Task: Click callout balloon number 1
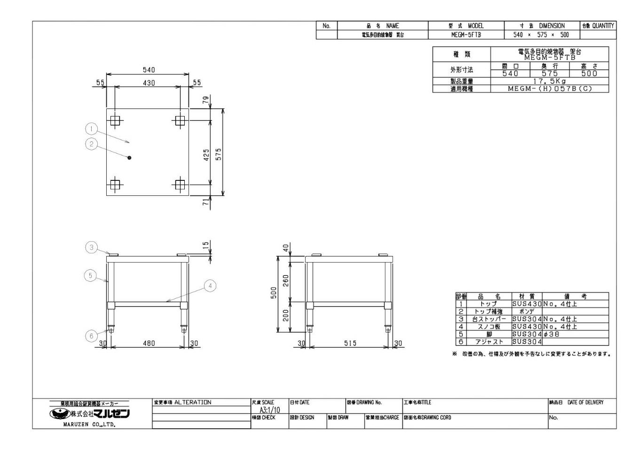(91, 128)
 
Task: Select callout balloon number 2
(91, 144)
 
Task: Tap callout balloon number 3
(92, 247)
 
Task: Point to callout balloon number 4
(210, 286)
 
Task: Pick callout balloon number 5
(91, 275)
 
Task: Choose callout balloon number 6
(92, 335)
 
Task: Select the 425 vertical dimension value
(206, 155)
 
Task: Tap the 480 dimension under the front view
(149, 343)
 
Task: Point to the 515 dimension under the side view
(350, 343)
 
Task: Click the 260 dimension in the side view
(286, 280)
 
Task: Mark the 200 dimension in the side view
(286, 315)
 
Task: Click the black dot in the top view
(129, 157)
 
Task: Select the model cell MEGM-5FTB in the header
(465, 35)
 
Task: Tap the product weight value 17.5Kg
(549, 81)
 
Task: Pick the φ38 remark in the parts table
(551, 334)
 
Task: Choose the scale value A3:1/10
(269, 410)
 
